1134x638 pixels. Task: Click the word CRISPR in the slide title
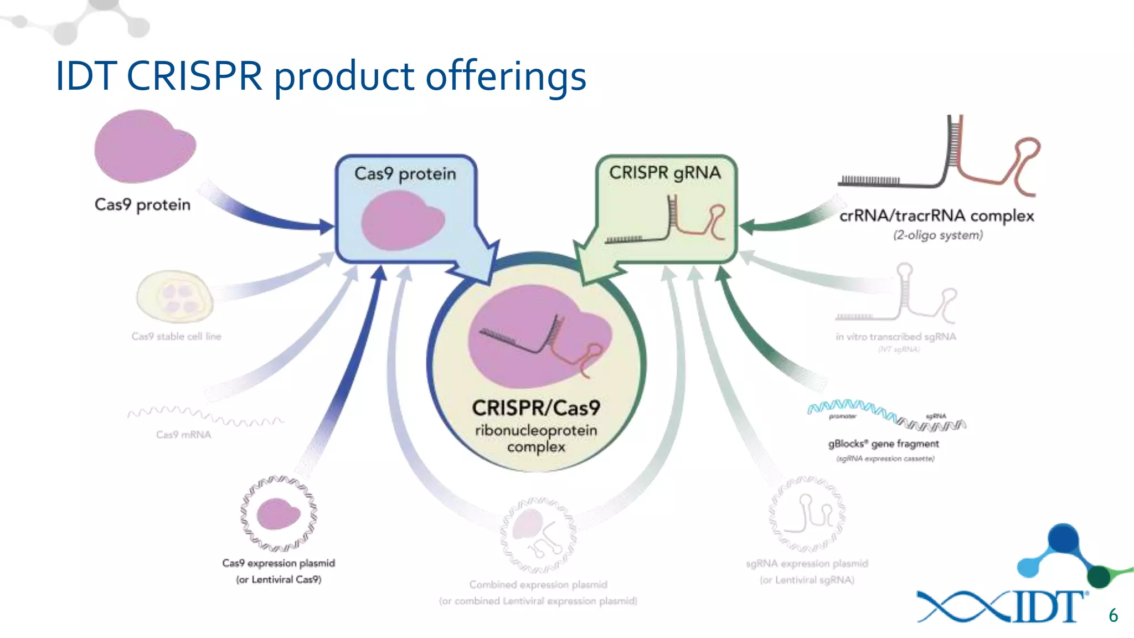(x=194, y=76)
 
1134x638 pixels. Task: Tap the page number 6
(x=1113, y=616)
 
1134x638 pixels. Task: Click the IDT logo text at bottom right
(x=1047, y=607)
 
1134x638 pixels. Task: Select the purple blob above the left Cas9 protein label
(x=144, y=147)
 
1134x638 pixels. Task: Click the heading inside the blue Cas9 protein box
(x=405, y=174)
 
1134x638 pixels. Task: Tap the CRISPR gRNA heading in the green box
(x=665, y=173)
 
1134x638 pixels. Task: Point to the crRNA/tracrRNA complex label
(x=936, y=215)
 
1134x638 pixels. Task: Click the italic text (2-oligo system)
(x=938, y=235)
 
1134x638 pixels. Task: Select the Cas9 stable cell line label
(x=176, y=336)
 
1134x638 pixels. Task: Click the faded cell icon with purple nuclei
(x=175, y=296)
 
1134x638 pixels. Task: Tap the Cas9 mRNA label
(x=183, y=435)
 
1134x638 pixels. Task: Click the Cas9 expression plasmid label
(x=279, y=563)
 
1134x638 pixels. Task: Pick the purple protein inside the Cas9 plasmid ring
(x=277, y=513)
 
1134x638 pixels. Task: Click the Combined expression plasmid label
(x=538, y=585)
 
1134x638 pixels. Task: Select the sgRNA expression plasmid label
(x=807, y=564)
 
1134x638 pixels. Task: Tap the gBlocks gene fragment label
(x=883, y=444)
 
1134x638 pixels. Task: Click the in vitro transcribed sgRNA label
(x=895, y=337)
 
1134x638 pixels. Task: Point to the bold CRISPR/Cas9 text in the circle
(x=536, y=408)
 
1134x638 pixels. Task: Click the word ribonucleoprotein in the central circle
(x=536, y=430)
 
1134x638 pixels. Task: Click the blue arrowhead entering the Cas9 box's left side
(x=327, y=226)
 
